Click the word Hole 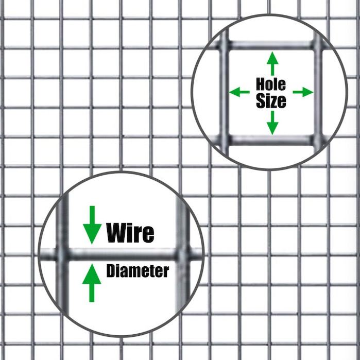pos(271,84)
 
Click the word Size pos(271,101)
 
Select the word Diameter pos(138,271)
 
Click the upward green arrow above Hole pos(272,63)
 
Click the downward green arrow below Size pos(272,123)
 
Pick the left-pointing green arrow pos(239,92)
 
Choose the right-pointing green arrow pos(303,92)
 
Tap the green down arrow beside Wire pos(92,225)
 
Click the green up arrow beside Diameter pos(92,283)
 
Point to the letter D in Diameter pos(111,271)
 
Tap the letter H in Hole pos(261,84)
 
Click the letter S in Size pos(261,101)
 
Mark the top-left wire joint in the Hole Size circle pos(224,44)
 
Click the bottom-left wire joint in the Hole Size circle pos(224,140)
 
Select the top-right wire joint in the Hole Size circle pos(318,44)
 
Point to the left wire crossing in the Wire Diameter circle pos(62,254)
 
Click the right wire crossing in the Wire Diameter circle pos(182,254)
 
